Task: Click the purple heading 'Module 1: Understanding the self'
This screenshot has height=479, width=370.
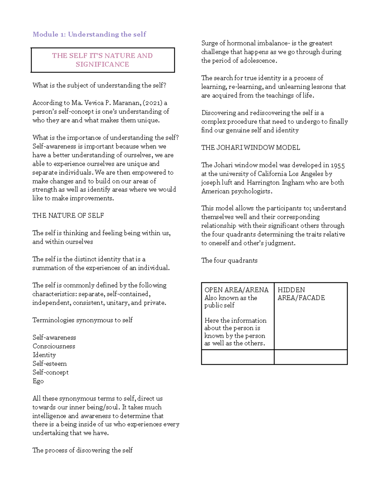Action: (x=89, y=34)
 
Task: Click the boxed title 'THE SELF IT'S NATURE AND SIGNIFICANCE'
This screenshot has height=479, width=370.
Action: (x=102, y=60)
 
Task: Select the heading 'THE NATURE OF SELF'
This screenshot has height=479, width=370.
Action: (x=68, y=215)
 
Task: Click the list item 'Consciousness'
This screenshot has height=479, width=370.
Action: (x=54, y=346)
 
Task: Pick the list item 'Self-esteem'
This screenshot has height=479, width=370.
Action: (x=50, y=364)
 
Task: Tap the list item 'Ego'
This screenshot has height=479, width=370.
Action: (x=38, y=381)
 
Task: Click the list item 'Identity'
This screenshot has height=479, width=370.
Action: (x=44, y=355)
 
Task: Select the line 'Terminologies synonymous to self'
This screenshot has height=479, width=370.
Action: (x=82, y=320)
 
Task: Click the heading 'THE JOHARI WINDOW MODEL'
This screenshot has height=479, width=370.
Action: (x=250, y=147)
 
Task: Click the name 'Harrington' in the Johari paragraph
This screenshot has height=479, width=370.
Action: (x=263, y=182)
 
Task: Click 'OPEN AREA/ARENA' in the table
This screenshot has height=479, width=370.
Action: (x=236, y=290)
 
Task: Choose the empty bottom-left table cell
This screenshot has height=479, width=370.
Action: (x=237, y=357)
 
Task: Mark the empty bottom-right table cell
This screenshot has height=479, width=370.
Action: (x=310, y=357)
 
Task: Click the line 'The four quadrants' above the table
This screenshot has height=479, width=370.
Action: (x=229, y=260)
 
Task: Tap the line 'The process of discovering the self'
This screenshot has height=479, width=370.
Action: (x=82, y=450)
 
